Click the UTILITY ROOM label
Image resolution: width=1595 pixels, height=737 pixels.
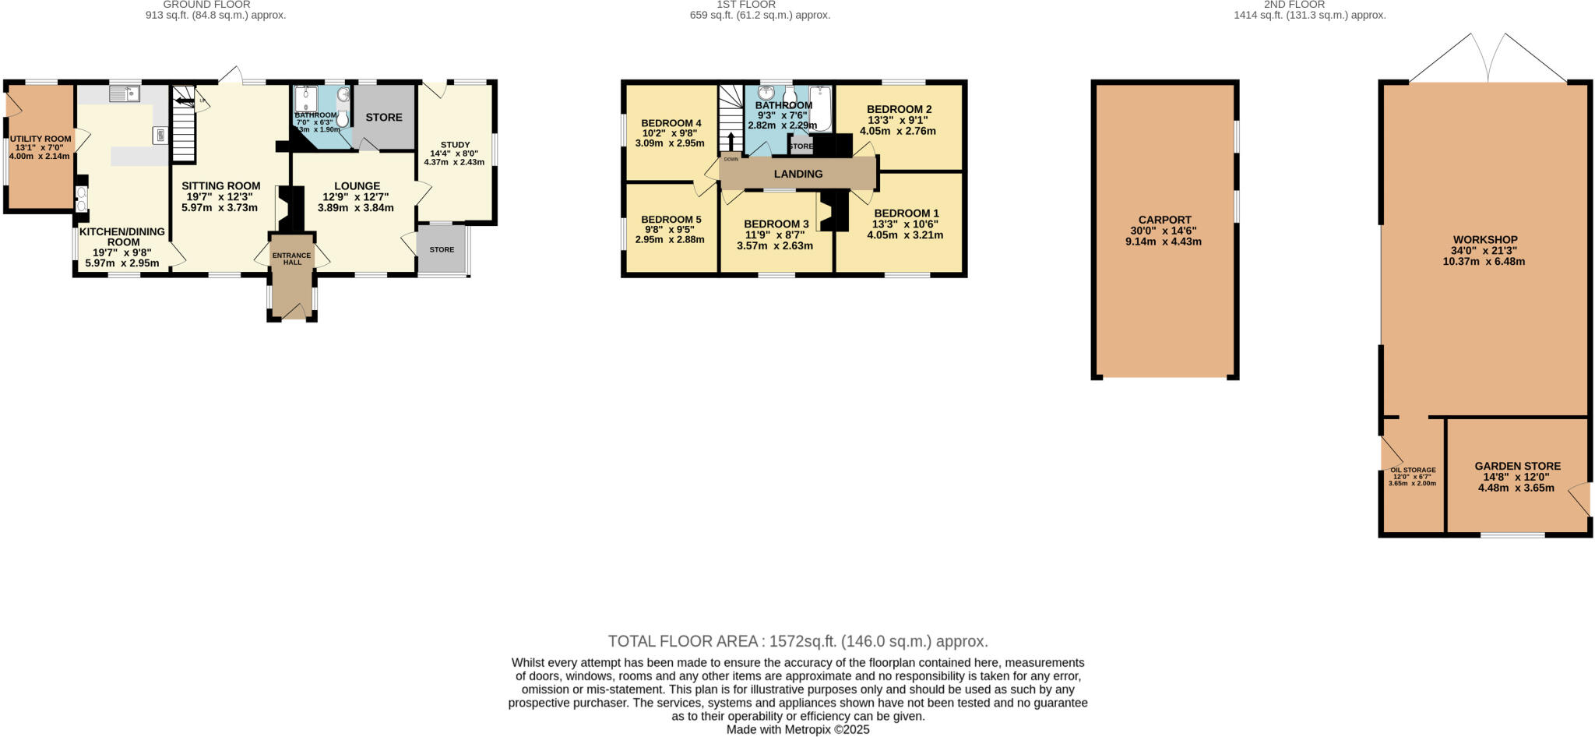point(40,139)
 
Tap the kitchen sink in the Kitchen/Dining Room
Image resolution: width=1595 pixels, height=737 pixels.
point(124,94)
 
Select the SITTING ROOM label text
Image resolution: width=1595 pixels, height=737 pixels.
point(220,186)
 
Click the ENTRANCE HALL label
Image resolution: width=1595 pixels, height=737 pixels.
point(291,259)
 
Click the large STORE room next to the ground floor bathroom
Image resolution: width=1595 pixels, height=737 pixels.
point(384,117)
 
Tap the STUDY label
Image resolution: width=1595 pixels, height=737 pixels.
point(455,145)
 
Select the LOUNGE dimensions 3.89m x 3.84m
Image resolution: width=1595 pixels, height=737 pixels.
point(355,208)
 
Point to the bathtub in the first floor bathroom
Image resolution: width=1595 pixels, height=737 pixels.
point(820,108)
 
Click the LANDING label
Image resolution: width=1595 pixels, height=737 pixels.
point(798,174)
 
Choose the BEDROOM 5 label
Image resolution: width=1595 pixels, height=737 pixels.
point(671,220)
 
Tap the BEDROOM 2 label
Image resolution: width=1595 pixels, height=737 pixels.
point(899,109)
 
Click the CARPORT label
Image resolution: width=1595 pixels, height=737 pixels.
point(1164,220)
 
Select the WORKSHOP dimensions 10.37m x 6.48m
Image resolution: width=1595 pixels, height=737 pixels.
point(1484,262)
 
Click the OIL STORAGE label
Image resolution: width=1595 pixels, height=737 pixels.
point(1413,470)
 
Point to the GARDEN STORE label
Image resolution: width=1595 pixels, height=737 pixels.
point(1517,466)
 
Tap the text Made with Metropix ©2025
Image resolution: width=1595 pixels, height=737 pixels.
point(797,730)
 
